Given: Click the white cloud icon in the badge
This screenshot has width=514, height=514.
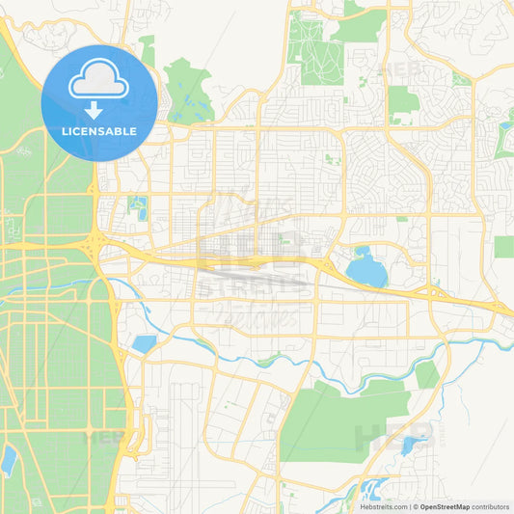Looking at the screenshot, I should tap(99, 80).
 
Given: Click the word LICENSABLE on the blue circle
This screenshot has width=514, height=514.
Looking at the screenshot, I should tap(99, 131).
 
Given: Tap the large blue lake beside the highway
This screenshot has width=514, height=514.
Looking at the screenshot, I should tap(365, 268).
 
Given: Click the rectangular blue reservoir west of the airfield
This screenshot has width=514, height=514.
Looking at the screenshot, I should tap(145, 344).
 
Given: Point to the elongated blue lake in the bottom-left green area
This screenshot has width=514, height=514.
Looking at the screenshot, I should tap(9, 461).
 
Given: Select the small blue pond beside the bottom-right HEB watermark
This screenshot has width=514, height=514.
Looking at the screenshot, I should tap(413, 445).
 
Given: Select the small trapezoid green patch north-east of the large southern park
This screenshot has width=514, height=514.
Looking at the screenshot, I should tap(426, 375).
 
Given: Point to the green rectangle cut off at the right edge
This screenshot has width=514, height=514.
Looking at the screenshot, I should tap(503, 246).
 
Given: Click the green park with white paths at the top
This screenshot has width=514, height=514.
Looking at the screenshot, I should tap(313, 48).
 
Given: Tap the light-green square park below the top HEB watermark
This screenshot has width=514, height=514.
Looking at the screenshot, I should tap(403, 99).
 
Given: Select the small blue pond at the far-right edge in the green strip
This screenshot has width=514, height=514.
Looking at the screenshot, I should tap(506, 124).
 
